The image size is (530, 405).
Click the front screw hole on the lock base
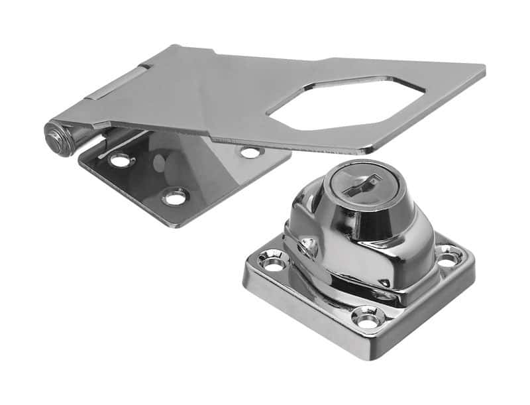pyautogui.click(x=366, y=319)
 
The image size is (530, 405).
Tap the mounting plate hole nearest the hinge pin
pyautogui.click(x=121, y=160)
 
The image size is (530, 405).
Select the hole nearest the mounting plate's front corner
pyautogui.click(x=175, y=196)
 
